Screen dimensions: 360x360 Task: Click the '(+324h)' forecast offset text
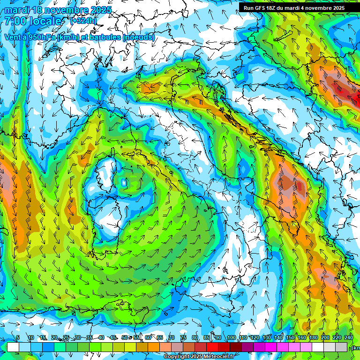[x=83, y=21]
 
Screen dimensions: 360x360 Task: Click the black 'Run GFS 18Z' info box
[x=294, y=8]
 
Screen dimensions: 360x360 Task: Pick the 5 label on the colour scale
[x=18, y=338]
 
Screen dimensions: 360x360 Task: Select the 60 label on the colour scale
[x=148, y=338]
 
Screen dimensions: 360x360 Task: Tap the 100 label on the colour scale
[x=231, y=338]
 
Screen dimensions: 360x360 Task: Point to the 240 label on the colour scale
[x=349, y=338]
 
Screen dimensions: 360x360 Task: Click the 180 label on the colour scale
[x=313, y=338]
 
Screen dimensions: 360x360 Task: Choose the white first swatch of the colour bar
[x=13, y=347]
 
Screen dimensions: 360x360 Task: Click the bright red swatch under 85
[x=212, y=347]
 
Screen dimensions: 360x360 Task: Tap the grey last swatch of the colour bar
[x=341, y=347]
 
